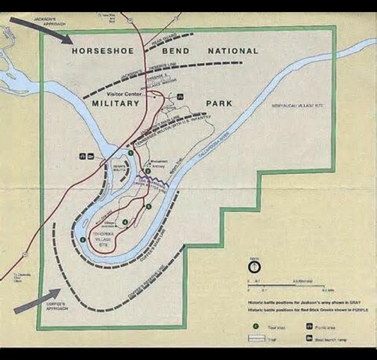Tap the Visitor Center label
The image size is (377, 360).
[124, 94]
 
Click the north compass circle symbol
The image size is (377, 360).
[255, 265]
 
